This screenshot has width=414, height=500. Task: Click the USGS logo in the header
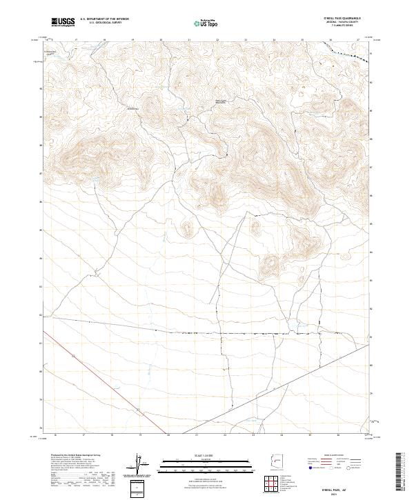point(63,22)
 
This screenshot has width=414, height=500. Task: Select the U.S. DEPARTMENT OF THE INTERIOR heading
point(105,19)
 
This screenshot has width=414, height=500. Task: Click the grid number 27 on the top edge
point(358,39)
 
